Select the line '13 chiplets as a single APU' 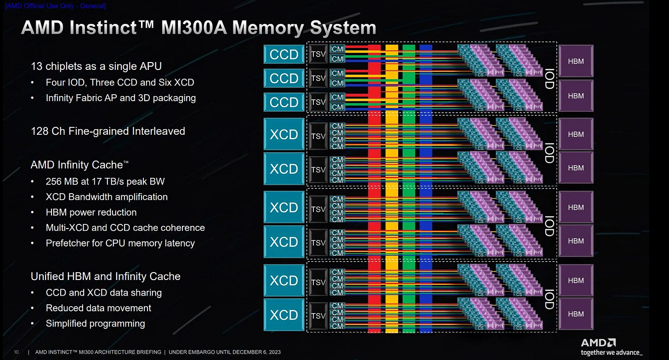pos(96,66)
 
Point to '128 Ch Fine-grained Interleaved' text pos(108,131)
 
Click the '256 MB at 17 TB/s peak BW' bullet pos(105,181)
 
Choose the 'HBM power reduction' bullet pos(91,212)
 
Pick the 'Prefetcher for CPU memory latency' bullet pos(120,243)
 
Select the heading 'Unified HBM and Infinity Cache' pos(105,276)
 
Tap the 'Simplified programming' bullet pos(95,323)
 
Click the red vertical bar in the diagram pos(374,184)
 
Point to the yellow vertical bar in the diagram pos(391,184)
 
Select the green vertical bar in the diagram pos(408,184)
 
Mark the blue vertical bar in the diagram pos(425,184)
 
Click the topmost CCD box pos(284,54)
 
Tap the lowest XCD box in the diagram pos(284,315)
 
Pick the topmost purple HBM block pos(576,61)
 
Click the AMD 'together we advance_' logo pos(611,347)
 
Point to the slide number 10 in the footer pos(16,352)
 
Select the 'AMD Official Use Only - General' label pos(55,6)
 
